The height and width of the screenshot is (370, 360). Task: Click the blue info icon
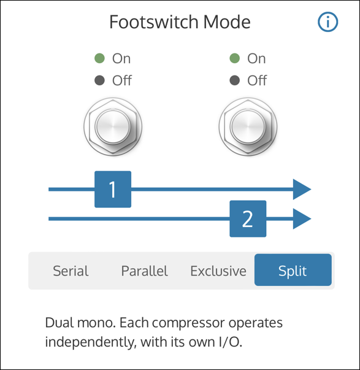(x=327, y=21)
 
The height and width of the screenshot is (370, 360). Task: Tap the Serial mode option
(x=71, y=271)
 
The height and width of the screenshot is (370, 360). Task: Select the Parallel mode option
(x=144, y=271)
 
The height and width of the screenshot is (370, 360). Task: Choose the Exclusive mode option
(x=218, y=271)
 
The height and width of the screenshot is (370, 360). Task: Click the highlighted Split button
(x=293, y=270)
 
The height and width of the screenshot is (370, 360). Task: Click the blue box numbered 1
(x=113, y=189)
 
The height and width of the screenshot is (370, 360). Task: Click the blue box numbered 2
(x=248, y=218)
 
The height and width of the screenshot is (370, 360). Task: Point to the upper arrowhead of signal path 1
(x=302, y=189)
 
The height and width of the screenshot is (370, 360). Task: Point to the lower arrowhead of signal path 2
(x=302, y=218)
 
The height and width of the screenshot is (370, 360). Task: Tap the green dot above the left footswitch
(x=99, y=58)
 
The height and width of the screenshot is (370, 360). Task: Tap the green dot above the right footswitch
(x=234, y=58)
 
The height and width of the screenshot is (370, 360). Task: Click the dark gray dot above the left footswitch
(x=99, y=80)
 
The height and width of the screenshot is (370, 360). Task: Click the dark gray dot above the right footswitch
(x=234, y=80)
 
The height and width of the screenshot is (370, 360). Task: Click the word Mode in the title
(x=227, y=22)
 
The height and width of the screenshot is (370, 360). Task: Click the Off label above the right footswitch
(x=257, y=80)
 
